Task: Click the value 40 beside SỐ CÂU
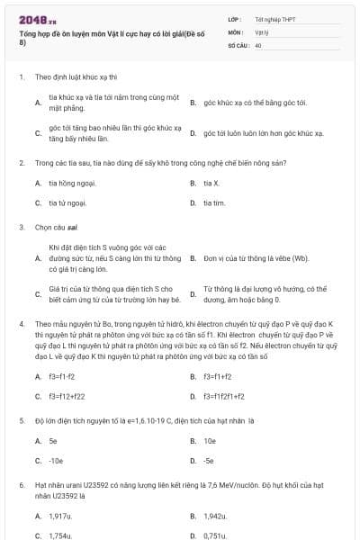pyautogui.click(x=258, y=44)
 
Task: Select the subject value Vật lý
pyautogui.click(x=261, y=31)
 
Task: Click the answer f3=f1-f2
pyautogui.click(x=61, y=376)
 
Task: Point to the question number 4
pyautogui.click(x=22, y=321)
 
